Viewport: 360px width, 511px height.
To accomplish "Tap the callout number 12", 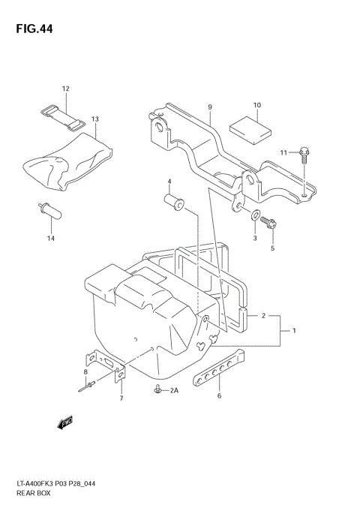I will (65, 89).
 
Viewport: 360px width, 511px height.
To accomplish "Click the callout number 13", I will (95, 119).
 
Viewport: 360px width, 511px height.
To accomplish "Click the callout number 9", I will (211, 107).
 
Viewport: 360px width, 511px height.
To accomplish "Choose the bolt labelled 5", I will (271, 223).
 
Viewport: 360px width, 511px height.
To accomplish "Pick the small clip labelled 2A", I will (158, 389).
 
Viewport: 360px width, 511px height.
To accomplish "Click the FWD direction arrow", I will (65, 422).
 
